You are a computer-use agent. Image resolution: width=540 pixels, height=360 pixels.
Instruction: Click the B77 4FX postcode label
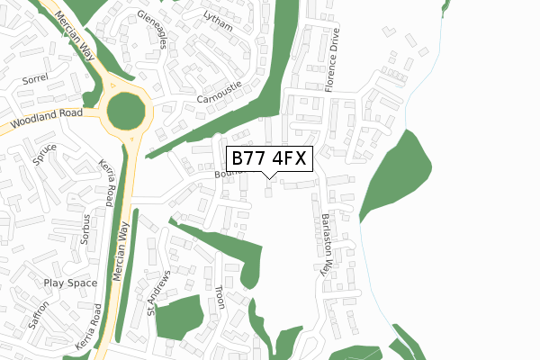270,159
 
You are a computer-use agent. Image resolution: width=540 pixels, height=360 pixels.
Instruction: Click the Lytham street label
218,22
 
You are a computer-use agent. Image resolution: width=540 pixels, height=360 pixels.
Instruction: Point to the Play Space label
70,283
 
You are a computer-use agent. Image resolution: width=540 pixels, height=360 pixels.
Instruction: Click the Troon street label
220,298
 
